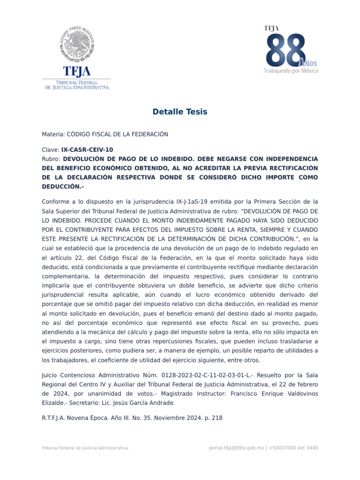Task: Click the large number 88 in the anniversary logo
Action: click(x=285, y=51)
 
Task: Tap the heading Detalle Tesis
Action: click(x=180, y=112)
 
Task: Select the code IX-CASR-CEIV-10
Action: click(x=87, y=150)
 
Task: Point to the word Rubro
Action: click(x=51, y=158)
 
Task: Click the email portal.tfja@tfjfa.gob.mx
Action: click(x=236, y=448)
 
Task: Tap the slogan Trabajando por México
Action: click(x=291, y=71)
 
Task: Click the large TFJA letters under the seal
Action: click(x=76, y=71)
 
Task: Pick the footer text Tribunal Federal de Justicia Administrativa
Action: click(x=85, y=448)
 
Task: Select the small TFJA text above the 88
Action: click(x=271, y=29)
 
